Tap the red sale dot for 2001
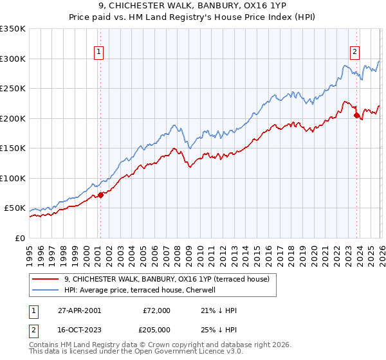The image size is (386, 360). (x=100, y=195)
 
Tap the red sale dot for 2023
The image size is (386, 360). (x=356, y=116)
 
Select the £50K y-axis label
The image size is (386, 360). (x=15, y=208)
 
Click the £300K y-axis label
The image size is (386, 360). (x=12, y=59)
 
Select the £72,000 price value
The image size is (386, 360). (x=156, y=310)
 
